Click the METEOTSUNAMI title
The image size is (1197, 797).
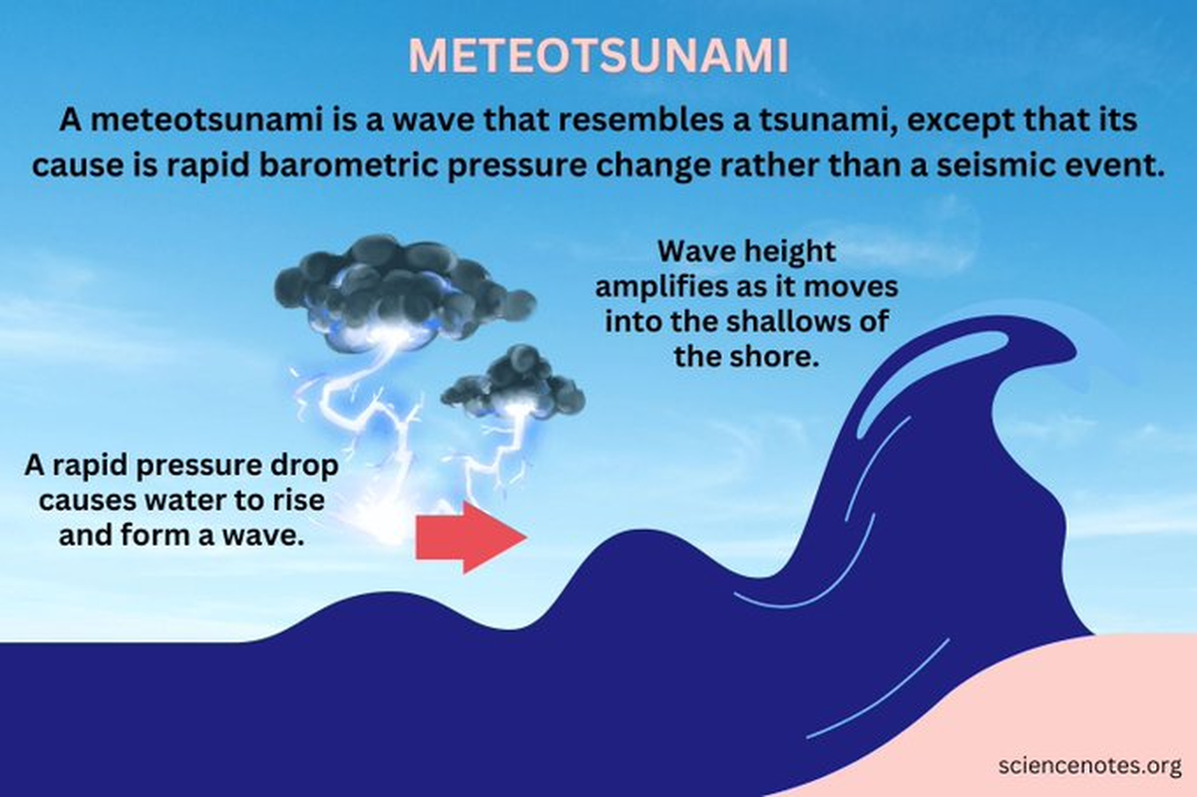598,58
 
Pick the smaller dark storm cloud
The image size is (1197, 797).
515,384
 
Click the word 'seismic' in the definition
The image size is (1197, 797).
1008,166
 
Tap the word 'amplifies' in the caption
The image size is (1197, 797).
663,286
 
